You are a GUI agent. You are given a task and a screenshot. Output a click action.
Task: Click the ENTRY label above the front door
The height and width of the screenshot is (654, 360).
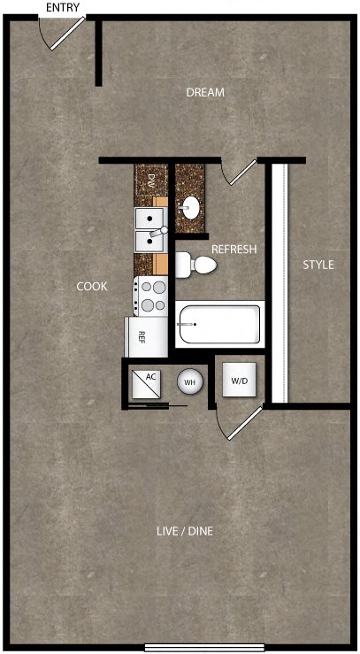point(63,7)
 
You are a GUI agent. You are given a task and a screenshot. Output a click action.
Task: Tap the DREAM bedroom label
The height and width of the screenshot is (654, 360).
point(205,93)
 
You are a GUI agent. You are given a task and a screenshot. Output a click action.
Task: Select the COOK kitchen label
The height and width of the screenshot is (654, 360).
point(92,287)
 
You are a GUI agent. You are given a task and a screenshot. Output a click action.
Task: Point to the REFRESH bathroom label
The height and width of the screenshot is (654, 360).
point(234,250)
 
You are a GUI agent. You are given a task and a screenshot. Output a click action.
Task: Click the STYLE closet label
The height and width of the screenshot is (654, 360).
point(318,265)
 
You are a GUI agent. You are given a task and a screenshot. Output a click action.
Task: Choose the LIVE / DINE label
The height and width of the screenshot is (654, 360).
point(185,531)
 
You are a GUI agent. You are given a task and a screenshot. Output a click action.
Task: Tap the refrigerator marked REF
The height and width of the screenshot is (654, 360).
point(146,336)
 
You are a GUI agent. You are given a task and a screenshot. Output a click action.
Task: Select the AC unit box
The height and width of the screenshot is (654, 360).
point(146,384)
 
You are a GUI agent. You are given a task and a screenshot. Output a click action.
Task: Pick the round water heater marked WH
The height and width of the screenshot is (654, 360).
point(190,381)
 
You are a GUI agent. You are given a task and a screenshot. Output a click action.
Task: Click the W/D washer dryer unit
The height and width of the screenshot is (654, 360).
point(239,380)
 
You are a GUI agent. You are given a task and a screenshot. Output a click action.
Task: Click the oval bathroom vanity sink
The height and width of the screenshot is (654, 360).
point(190,207)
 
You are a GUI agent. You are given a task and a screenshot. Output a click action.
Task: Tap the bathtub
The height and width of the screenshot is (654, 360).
point(219,324)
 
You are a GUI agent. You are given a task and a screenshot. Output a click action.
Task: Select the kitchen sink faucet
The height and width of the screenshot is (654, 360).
point(158,232)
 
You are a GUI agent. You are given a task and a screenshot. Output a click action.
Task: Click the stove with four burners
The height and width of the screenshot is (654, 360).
point(150,296)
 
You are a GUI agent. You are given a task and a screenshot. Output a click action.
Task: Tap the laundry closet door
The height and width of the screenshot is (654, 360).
point(240,422)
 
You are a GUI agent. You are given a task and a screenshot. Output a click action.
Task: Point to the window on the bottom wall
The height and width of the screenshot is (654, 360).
point(204,647)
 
